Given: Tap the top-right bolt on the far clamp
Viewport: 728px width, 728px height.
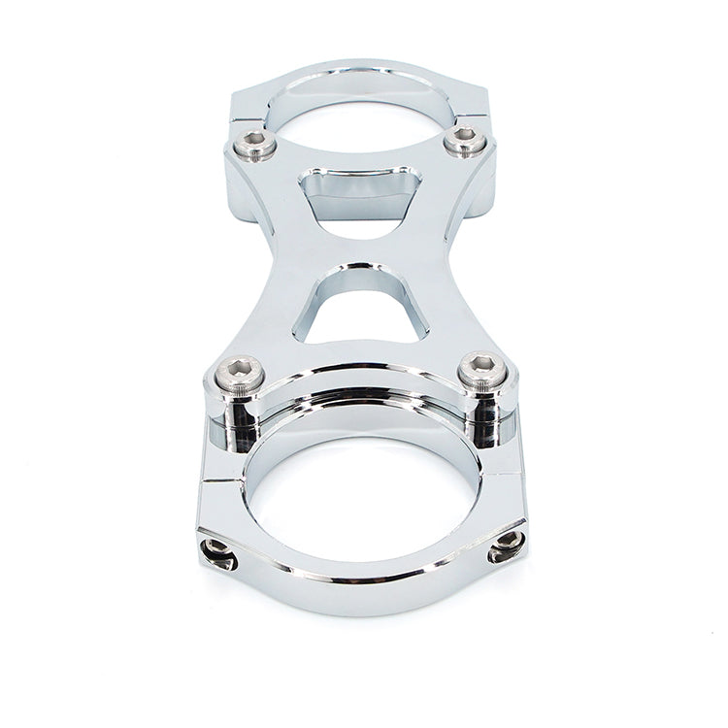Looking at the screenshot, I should (x=465, y=142).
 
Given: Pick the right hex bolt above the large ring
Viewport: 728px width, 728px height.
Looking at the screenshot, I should (x=482, y=370).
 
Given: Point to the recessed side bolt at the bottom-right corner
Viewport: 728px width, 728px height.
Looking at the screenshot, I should (x=508, y=546).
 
